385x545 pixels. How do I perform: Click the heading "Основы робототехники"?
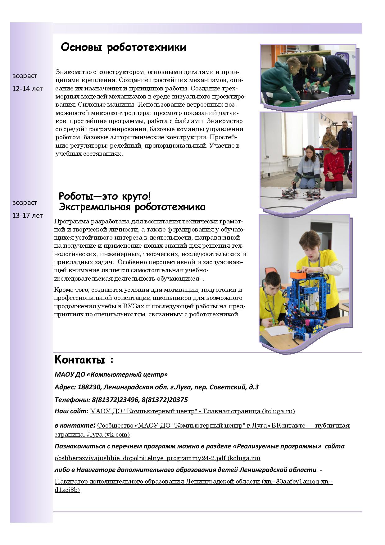pos(124,48)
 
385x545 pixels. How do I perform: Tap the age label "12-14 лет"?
pos(27,89)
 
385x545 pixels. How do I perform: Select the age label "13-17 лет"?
pos(27,216)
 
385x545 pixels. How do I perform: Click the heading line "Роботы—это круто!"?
pos(105,196)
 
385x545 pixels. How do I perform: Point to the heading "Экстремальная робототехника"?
pos(132,207)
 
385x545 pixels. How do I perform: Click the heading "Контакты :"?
pos(84,360)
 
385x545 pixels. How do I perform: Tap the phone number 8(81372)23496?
pos(115,400)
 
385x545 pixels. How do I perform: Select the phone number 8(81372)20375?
pos(165,400)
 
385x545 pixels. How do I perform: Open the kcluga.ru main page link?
pos(192,411)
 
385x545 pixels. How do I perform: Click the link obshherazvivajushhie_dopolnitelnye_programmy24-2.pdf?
pos(157,458)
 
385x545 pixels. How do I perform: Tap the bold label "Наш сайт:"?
pos(71,411)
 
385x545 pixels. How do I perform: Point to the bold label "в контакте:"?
pos(75,426)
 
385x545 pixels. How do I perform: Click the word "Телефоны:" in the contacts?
pos(72,400)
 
